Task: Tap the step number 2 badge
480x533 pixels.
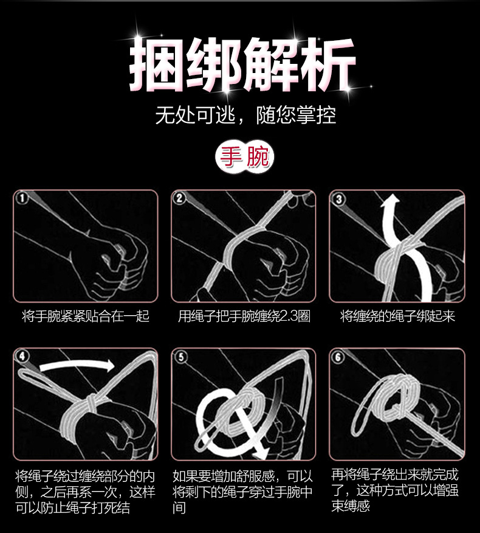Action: (x=180, y=198)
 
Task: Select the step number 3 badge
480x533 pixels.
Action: (x=339, y=199)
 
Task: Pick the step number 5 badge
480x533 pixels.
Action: (x=180, y=357)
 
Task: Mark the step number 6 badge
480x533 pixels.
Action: (x=339, y=357)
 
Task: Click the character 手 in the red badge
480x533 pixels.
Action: (x=229, y=158)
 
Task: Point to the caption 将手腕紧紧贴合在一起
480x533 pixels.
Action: (x=86, y=316)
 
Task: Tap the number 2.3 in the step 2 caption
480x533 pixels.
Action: (x=284, y=316)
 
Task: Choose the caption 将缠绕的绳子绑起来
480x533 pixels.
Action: (x=397, y=316)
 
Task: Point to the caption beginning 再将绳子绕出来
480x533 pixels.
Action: (x=394, y=490)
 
